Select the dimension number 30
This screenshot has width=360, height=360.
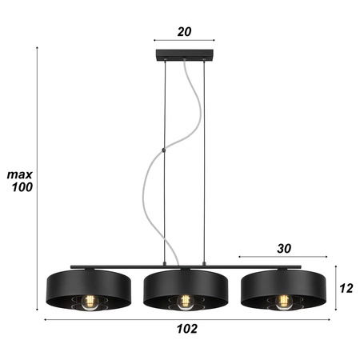click(282, 248)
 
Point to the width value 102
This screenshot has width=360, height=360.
click(186, 329)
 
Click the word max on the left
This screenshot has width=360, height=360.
click(19, 174)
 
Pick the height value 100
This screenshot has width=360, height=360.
click(20, 188)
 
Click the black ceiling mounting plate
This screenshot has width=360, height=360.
click(184, 58)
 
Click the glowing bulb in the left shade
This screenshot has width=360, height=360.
click(90, 302)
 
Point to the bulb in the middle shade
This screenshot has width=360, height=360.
click(186, 302)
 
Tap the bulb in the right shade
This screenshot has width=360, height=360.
click(282, 302)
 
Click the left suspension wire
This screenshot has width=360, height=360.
click(164, 160)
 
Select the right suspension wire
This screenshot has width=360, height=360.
click(205, 160)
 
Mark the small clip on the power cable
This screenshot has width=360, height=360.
click(162, 150)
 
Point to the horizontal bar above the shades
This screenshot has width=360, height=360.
click(120, 266)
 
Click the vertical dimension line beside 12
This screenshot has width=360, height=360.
click(335, 288)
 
